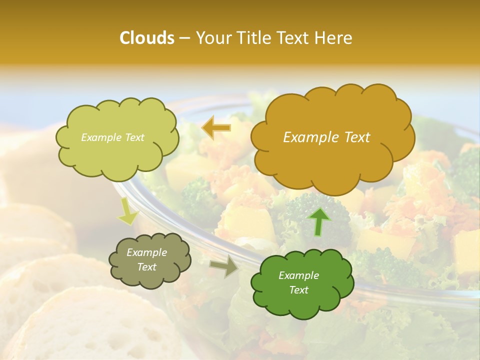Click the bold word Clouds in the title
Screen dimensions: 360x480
click(x=146, y=38)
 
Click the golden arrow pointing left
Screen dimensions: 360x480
click(x=216, y=128)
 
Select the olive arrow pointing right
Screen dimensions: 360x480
click(x=224, y=266)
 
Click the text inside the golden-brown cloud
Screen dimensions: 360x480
click(x=326, y=137)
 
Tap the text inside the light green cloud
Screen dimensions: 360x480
click(x=112, y=137)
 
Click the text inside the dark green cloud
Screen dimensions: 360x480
click(x=298, y=282)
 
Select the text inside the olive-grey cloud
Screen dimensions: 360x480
click(x=146, y=259)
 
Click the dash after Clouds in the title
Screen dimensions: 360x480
click(x=184, y=38)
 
